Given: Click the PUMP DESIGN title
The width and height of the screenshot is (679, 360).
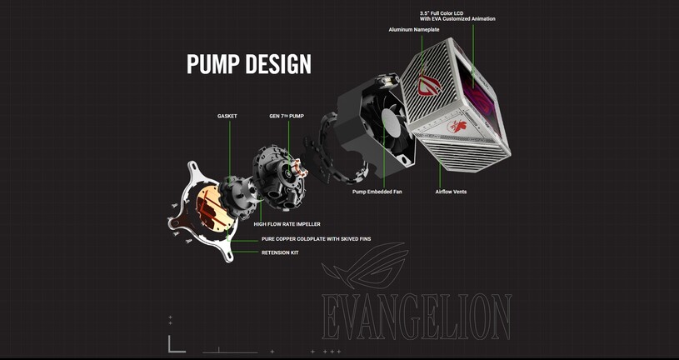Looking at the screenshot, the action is point(248,63).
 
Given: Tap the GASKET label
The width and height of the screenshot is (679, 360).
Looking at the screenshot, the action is point(227,116).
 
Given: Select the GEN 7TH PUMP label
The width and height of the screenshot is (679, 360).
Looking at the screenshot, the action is point(287,116).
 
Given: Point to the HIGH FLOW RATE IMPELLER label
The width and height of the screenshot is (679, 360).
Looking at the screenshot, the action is point(287,224).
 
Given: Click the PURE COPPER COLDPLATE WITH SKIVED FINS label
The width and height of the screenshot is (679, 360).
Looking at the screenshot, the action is point(316,238).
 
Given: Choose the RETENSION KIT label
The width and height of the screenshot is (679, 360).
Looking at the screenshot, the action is point(280,252).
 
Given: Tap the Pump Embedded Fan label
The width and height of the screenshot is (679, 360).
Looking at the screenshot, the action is point(377,192).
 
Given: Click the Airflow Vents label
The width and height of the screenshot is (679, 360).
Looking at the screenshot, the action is point(451,192).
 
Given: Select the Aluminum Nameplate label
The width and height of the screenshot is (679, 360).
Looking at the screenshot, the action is point(414,29).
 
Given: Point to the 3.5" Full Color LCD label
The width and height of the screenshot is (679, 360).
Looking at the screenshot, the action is point(442,13).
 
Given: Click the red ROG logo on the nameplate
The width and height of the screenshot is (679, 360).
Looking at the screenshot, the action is point(429,84).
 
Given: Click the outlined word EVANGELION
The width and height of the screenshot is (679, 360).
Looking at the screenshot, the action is point(417,317).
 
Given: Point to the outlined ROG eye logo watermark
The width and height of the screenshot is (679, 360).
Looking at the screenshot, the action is point(366,265).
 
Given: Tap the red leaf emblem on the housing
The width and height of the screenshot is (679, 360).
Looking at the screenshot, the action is point(457,127).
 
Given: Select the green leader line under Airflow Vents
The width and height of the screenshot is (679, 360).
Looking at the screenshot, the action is point(440,175).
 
